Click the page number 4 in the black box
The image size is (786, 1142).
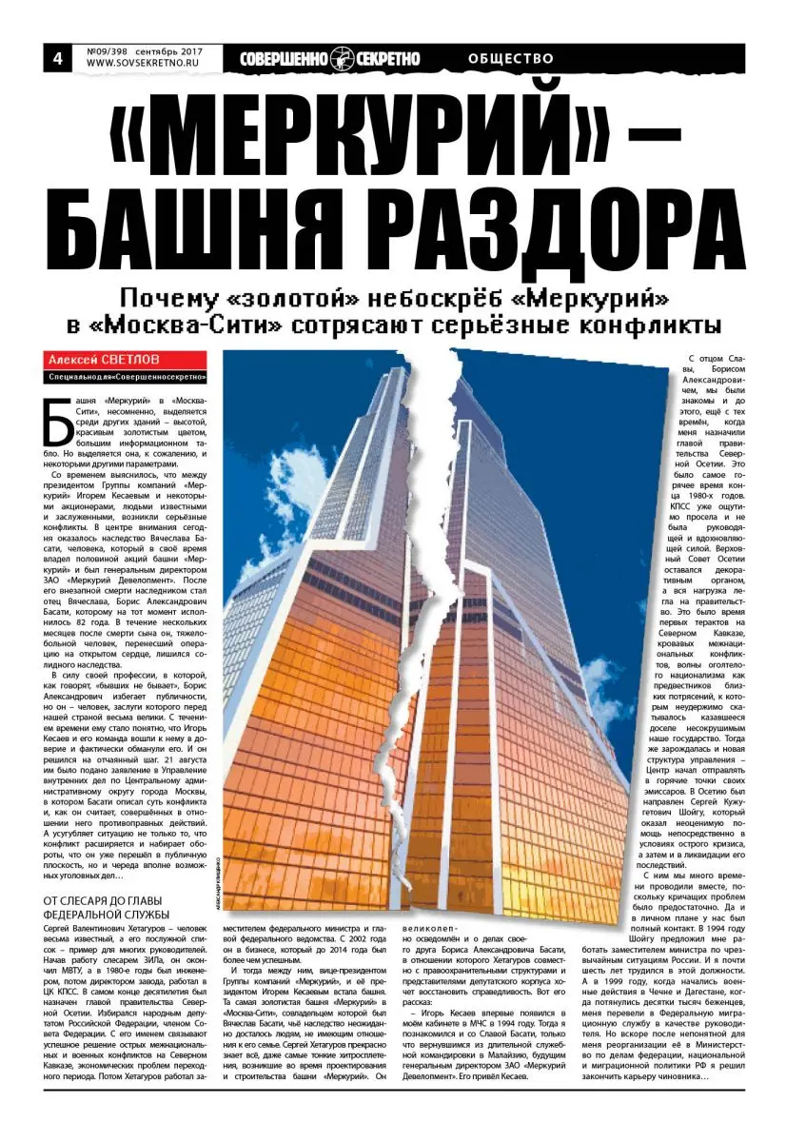[56, 58]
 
